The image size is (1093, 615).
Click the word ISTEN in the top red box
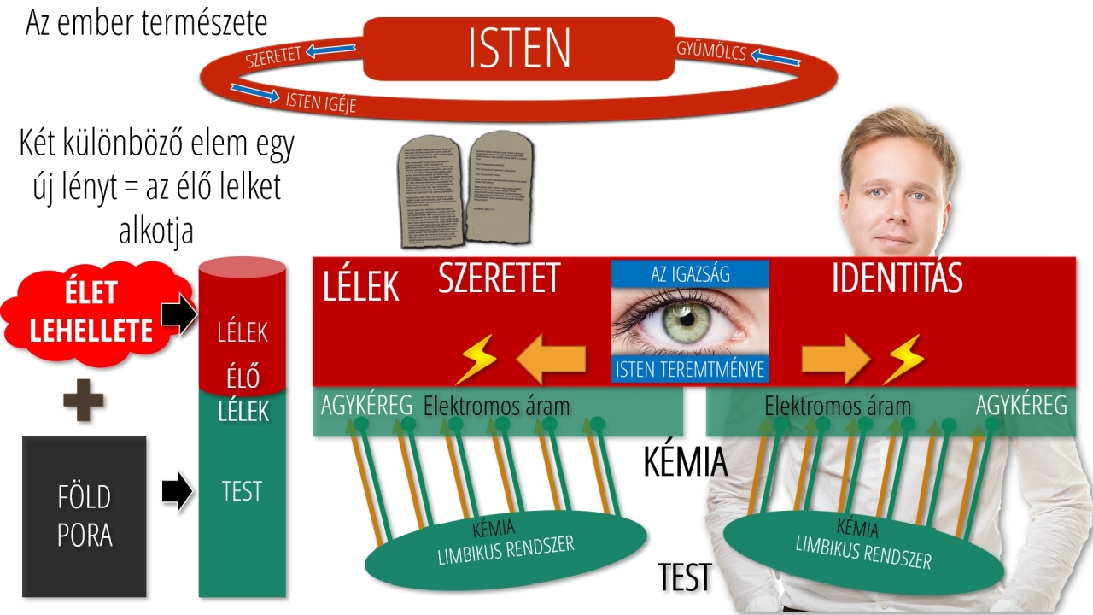[x=519, y=49]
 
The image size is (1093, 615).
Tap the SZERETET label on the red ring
[x=273, y=58]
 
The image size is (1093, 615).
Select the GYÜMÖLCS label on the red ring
[x=711, y=52]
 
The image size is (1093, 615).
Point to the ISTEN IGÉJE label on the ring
[x=320, y=102]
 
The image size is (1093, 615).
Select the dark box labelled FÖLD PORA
[x=84, y=516]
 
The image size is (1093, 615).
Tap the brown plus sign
[x=84, y=401]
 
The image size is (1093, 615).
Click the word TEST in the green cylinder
[x=242, y=491]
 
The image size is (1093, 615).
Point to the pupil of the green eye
[x=689, y=320]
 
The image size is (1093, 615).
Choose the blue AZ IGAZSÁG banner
[x=690, y=273]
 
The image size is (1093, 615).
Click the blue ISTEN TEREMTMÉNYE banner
[x=690, y=369]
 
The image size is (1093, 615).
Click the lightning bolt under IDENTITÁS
[x=903, y=359]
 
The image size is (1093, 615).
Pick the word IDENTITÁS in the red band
[x=897, y=279]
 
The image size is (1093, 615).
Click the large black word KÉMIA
[x=685, y=462]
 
